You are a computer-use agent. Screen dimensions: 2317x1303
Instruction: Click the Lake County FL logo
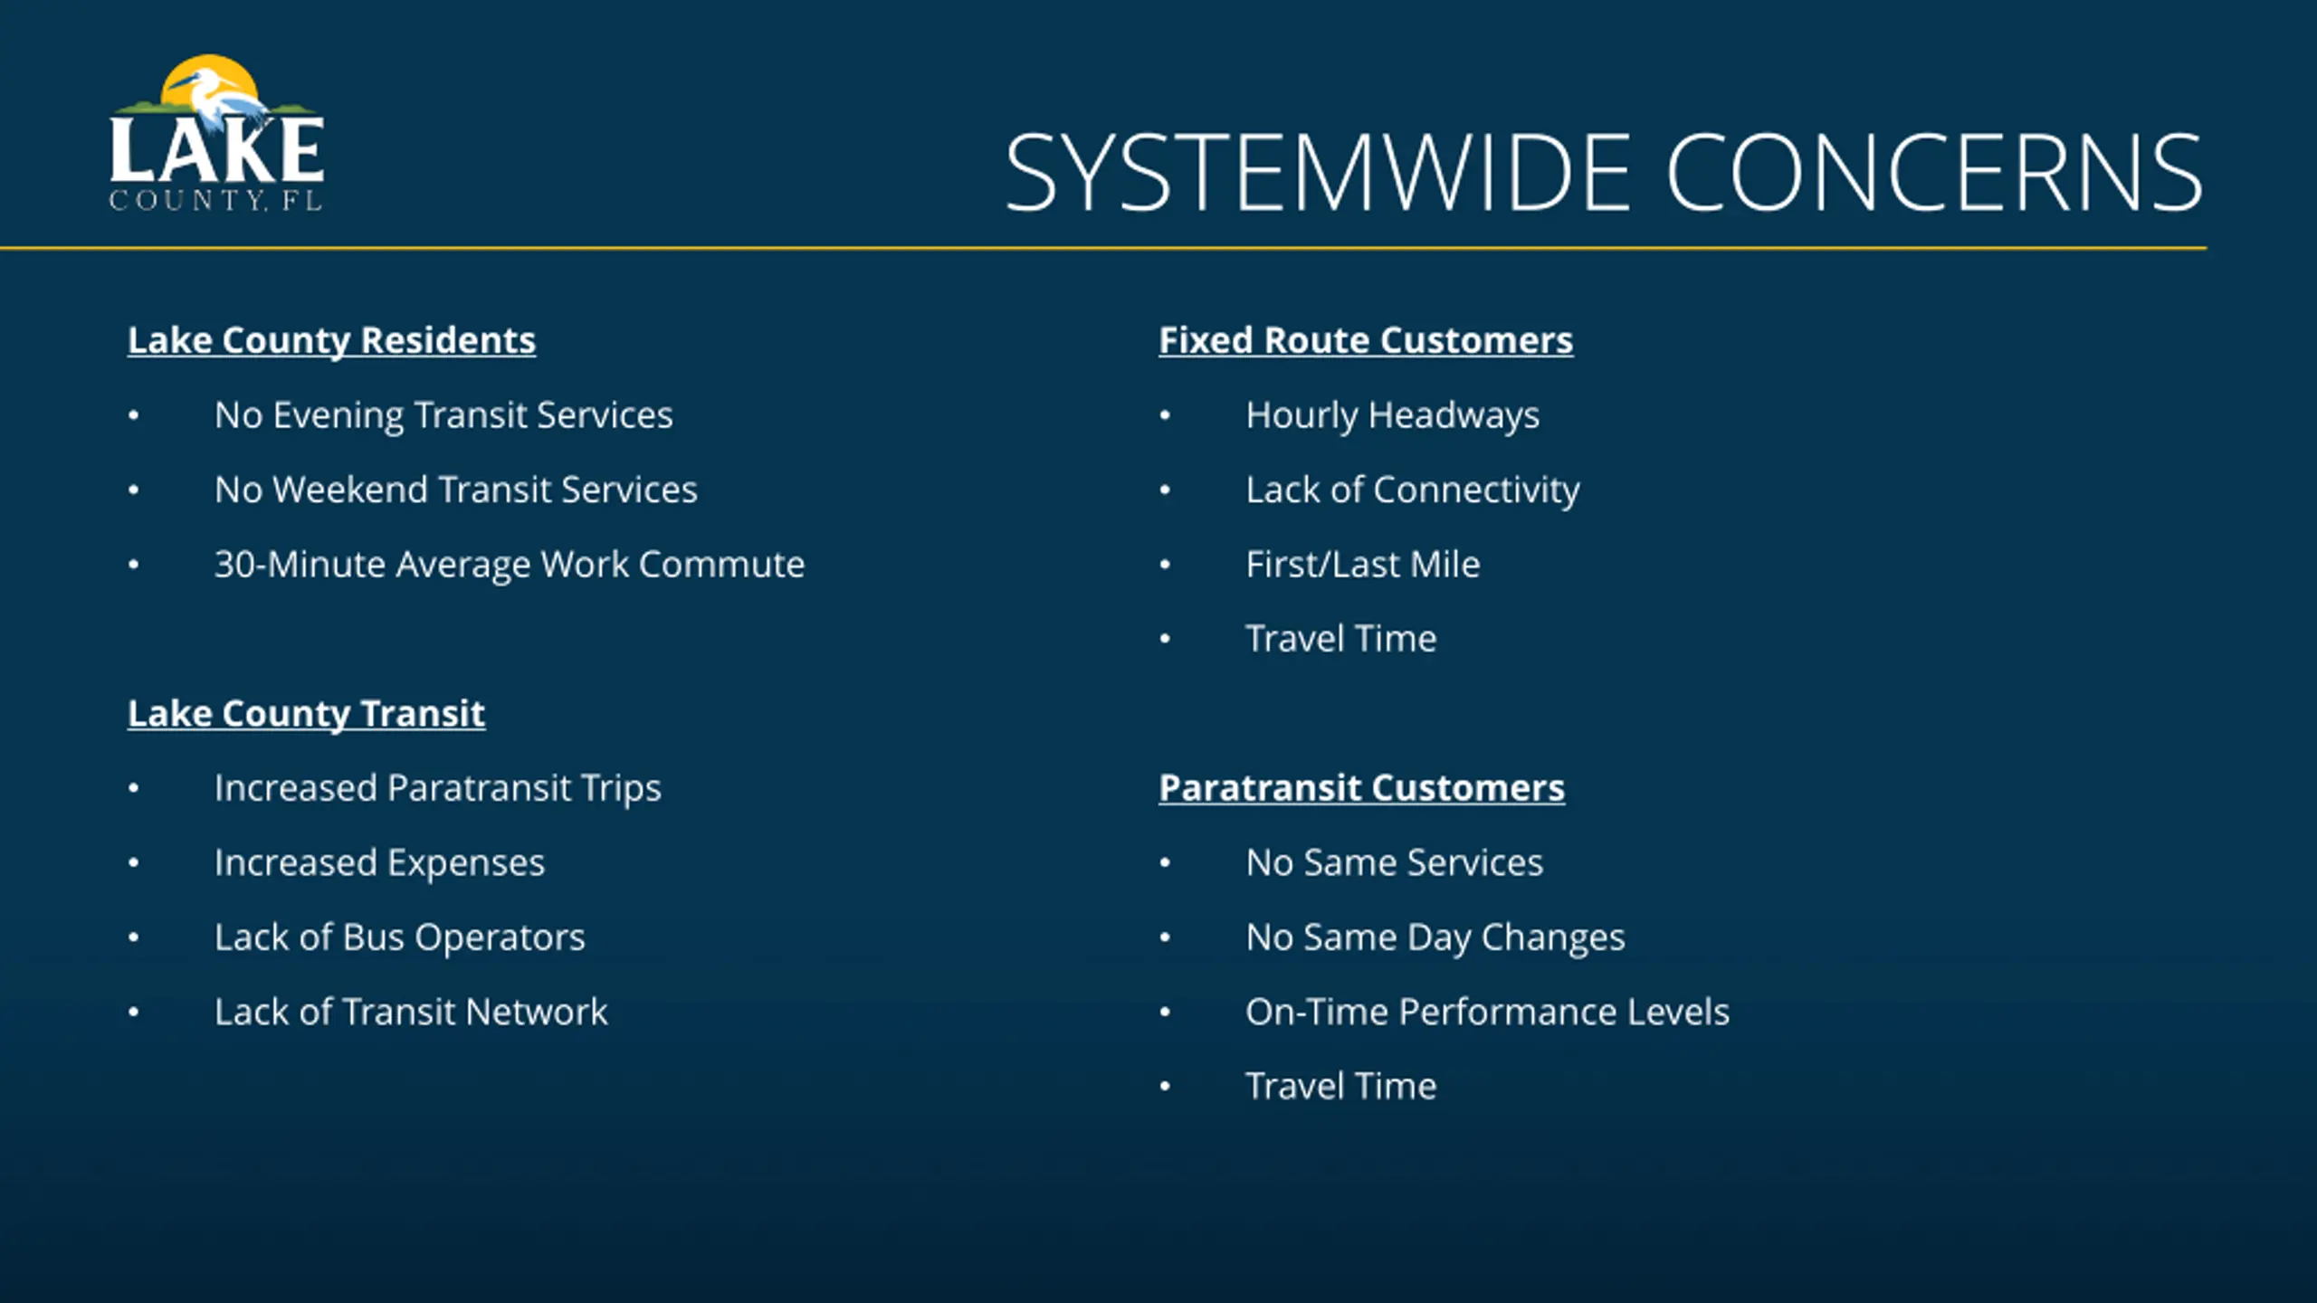tap(216, 133)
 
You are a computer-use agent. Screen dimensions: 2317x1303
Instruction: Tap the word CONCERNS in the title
tap(1933, 172)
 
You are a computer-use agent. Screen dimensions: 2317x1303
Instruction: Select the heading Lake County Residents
tap(331, 341)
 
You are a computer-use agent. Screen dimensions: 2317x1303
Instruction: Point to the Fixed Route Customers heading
tap(1366, 341)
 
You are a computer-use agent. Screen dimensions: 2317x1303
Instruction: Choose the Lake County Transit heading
tap(306, 714)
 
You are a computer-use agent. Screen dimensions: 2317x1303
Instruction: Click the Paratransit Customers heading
tap(1362, 788)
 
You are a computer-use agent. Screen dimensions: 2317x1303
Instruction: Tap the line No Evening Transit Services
tap(443, 415)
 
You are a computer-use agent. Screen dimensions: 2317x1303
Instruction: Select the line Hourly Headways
tap(1392, 415)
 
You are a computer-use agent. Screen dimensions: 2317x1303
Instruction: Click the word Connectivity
tap(1476, 490)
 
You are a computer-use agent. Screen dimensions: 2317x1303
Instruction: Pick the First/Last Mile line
tap(1363, 565)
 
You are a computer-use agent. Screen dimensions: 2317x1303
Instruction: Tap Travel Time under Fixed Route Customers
tap(1341, 639)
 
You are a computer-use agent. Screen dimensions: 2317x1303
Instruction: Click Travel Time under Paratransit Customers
tap(1341, 1086)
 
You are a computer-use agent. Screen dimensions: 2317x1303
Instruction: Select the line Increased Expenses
tap(379, 863)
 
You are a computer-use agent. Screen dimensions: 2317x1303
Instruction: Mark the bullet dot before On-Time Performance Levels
tap(1165, 1012)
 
